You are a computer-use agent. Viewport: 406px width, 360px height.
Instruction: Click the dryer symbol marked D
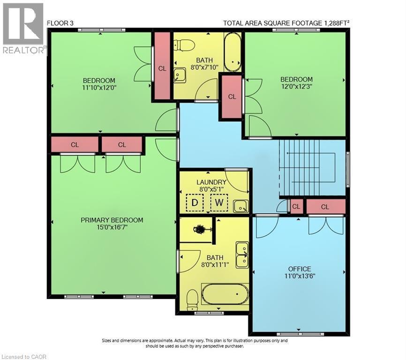coord(193,203)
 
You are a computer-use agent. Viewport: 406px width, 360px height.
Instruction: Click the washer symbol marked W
coord(218,203)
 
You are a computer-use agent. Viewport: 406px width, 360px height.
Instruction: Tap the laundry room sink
coord(241,206)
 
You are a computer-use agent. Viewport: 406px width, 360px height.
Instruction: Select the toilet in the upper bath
coord(184,45)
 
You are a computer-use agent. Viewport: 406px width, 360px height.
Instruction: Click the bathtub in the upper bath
coord(232,51)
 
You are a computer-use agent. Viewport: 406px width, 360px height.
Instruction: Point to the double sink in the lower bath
coord(242,255)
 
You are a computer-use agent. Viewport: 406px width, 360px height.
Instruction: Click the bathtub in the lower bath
coord(225,294)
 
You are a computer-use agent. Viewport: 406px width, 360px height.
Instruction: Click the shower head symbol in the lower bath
coord(201,230)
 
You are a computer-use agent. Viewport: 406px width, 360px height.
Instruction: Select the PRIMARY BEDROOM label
coord(112,220)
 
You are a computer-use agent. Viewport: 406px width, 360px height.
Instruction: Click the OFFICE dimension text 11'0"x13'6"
coord(300,276)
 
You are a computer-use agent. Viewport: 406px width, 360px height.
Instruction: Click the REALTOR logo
coord(23,28)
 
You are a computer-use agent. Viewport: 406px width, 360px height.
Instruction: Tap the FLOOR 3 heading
coord(60,22)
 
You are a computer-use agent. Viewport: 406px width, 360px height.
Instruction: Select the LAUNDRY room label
coord(211,182)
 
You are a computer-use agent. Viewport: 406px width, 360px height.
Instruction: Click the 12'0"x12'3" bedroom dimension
coord(296,87)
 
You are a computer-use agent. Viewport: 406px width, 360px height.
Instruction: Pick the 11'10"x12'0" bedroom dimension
coord(99,87)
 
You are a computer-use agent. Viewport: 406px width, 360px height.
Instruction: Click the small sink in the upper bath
coord(179,75)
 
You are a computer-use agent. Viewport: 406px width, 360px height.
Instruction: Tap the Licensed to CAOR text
coord(24,356)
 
